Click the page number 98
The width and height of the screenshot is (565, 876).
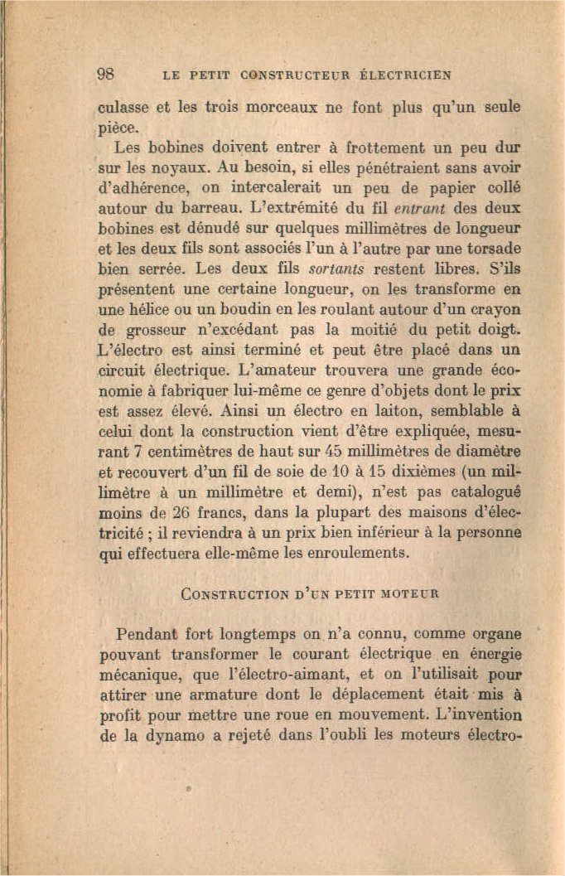(x=106, y=73)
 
